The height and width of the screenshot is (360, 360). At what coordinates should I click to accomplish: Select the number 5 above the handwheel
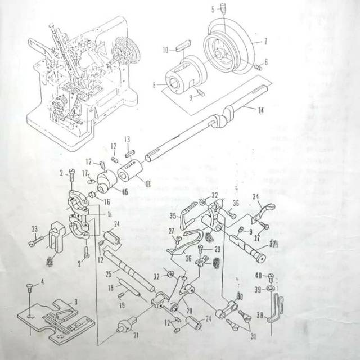(x=213, y=9)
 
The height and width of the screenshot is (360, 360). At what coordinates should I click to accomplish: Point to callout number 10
(x=165, y=51)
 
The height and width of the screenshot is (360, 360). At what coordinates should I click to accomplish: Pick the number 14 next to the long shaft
(x=260, y=111)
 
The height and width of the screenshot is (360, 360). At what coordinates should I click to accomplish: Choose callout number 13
(x=127, y=139)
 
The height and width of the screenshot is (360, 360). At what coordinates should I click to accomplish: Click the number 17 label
(x=85, y=173)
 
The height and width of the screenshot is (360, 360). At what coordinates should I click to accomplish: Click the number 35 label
(x=173, y=215)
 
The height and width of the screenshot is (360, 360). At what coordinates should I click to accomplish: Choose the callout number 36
(x=236, y=204)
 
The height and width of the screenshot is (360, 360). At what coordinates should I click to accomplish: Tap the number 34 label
(x=256, y=196)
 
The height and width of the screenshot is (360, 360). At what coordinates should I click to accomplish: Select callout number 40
(x=258, y=275)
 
